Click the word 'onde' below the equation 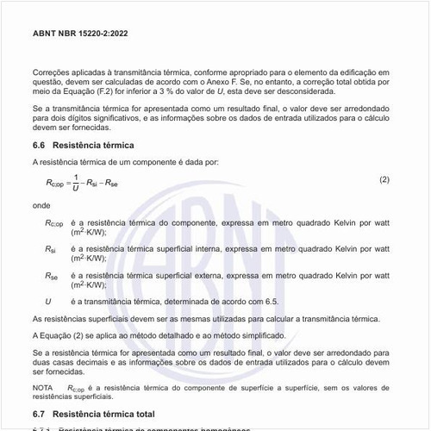pyautogui.click(x=41, y=206)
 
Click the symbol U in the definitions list pyautogui.click(x=48, y=301)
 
